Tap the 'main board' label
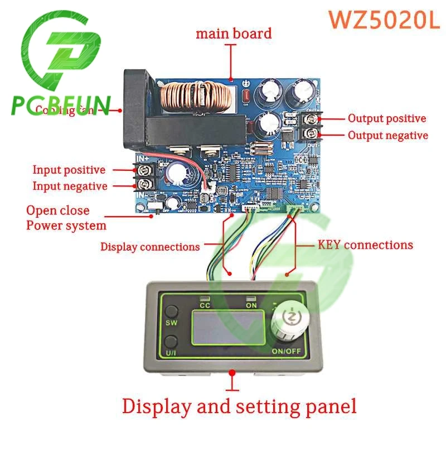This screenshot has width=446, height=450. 233,33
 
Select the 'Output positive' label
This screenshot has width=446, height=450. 387,118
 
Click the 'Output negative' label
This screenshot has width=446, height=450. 388,135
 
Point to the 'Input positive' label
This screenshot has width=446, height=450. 69,170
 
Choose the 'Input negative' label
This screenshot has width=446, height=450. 70,186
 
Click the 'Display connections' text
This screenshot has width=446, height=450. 149,246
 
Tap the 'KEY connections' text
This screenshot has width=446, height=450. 365,245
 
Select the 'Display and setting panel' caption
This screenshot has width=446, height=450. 239,406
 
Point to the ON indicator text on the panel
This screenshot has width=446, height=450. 251,305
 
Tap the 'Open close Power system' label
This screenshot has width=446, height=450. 66,218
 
